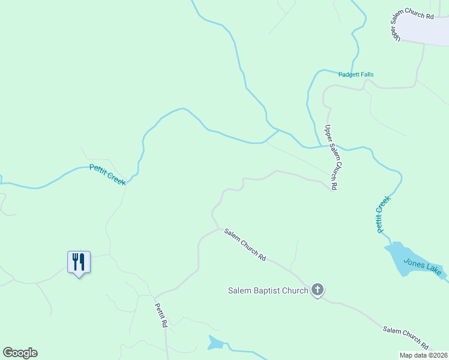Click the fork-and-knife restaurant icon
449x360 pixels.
pyautogui.click(x=78, y=262)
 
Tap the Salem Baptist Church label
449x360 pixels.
pyautogui.click(x=268, y=291)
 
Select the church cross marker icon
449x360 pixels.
pyautogui.click(x=318, y=290)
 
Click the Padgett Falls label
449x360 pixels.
pyautogui.click(x=356, y=74)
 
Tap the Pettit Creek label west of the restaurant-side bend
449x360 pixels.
pyautogui.click(x=107, y=175)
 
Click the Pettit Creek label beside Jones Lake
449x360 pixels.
pyautogui.click(x=382, y=214)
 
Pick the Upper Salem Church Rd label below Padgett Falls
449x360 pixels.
pyautogui.click(x=331, y=158)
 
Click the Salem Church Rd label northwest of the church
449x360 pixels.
pyautogui.click(x=245, y=245)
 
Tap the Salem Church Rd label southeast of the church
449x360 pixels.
pyautogui.click(x=406, y=338)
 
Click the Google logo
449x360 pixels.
pyautogui.click(x=20, y=353)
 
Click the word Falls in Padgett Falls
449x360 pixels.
pyautogui.click(x=366, y=74)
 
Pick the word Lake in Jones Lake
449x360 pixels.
pyautogui.click(x=433, y=269)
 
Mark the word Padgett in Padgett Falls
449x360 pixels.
pyautogui.click(x=349, y=74)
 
